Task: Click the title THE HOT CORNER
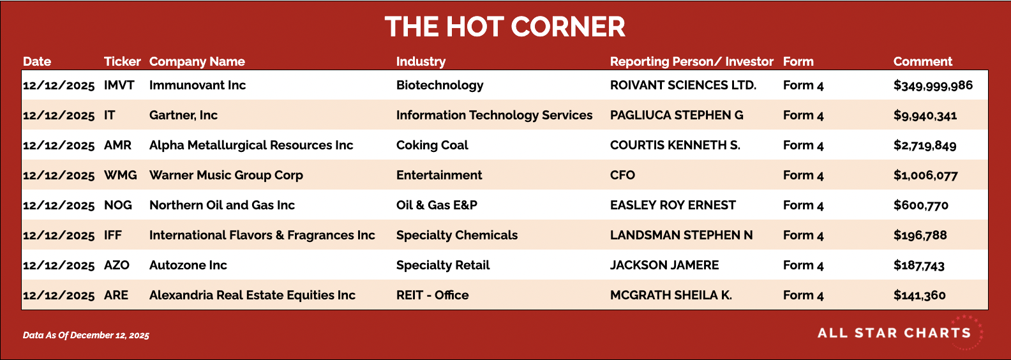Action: pyautogui.click(x=505, y=27)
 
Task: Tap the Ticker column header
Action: pyautogui.click(x=123, y=61)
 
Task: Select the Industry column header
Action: pyautogui.click(x=421, y=62)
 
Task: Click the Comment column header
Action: pyautogui.click(x=922, y=61)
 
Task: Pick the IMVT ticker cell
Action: pyautogui.click(x=119, y=86)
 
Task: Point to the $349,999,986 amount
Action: pyautogui.click(x=933, y=86)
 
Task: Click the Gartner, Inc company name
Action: pyautogui.click(x=183, y=116)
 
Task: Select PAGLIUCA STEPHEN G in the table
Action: pyautogui.click(x=677, y=115)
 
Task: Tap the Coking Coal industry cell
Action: pyautogui.click(x=432, y=146)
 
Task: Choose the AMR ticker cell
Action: pyautogui.click(x=118, y=146)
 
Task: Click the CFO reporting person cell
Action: pyautogui.click(x=622, y=175)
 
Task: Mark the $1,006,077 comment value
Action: pyautogui.click(x=925, y=176)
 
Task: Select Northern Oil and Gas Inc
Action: pyautogui.click(x=222, y=206)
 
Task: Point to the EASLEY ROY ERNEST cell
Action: pyautogui.click(x=673, y=206)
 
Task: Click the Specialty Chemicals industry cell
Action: pyautogui.click(x=457, y=236)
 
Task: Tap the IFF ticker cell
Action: pyautogui.click(x=113, y=235)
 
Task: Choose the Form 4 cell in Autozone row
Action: pyautogui.click(x=804, y=266)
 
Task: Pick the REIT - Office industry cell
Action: pyautogui.click(x=432, y=295)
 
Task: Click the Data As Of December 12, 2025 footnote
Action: pyautogui.click(x=86, y=335)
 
